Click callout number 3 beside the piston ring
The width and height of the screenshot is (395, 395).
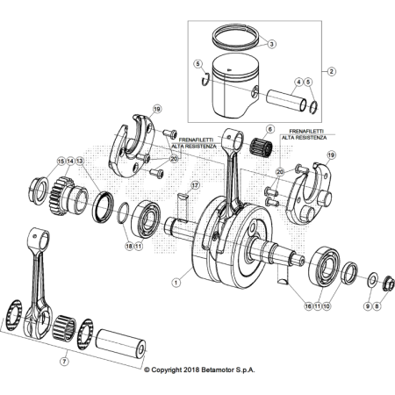(x=271, y=44)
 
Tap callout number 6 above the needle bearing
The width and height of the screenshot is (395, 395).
(x=270, y=129)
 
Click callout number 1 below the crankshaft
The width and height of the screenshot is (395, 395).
(x=176, y=283)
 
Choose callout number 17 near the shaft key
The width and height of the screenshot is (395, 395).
(x=196, y=185)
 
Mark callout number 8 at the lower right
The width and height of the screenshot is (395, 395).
(x=378, y=306)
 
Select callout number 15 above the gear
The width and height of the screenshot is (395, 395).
(x=61, y=162)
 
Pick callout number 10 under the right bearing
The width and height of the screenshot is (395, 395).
(x=327, y=306)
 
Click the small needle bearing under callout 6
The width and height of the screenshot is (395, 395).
(x=262, y=146)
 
